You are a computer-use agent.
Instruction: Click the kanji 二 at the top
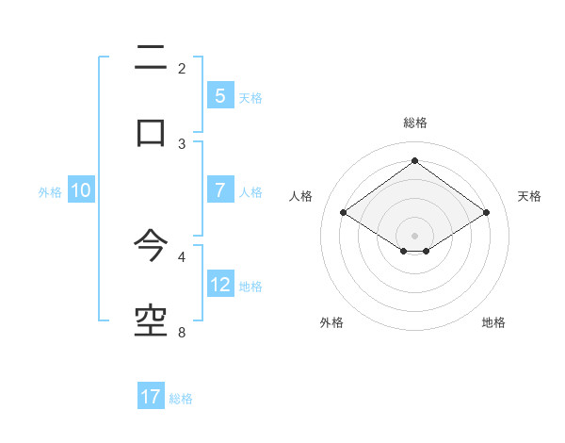[151, 58]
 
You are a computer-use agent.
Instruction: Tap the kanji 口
[151, 131]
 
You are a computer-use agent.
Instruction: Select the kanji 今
[151, 246]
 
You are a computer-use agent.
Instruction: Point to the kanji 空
[151, 320]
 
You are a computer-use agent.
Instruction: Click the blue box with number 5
[219, 95]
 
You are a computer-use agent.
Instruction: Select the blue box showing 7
[219, 190]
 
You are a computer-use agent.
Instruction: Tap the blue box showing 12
[219, 285]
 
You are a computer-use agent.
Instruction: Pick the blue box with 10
[81, 190]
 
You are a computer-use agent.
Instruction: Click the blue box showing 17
[151, 397]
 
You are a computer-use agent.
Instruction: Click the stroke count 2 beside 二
[182, 68]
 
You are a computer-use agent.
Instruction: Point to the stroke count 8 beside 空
[182, 332]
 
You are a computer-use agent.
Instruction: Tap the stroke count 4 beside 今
[182, 255]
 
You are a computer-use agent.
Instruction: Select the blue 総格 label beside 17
[181, 399]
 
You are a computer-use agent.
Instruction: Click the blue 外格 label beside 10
[50, 192]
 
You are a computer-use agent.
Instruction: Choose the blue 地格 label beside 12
[250, 287]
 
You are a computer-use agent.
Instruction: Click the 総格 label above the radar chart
[414, 123]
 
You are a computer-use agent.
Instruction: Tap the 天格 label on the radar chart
[529, 196]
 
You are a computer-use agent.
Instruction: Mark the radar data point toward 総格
[414, 160]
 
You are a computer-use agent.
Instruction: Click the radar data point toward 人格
[343, 213]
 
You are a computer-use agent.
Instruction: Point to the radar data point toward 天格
[486, 213]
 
